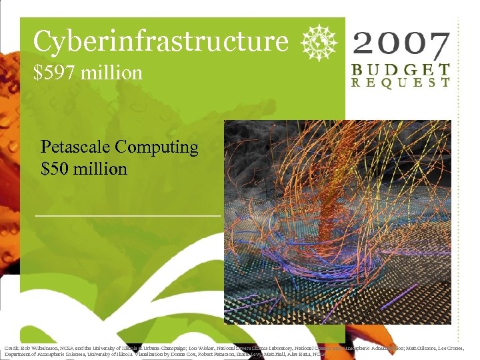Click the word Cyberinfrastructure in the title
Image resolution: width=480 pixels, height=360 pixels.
[x=161, y=41]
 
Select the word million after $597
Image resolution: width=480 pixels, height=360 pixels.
[x=111, y=72]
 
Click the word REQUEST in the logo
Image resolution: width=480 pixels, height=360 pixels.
[x=401, y=83]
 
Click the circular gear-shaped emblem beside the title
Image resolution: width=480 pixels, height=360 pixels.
[x=317, y=41]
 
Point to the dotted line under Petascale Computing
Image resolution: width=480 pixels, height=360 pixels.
[x=127, y=216]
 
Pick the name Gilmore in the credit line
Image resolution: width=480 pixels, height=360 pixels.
[x=417, y=348]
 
